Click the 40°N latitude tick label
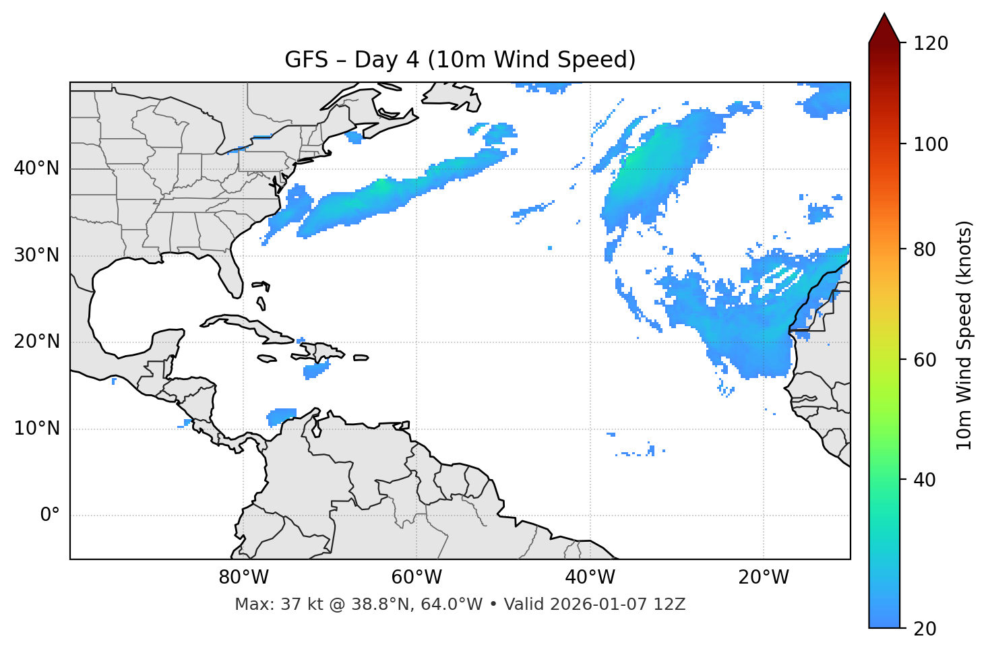[x=36, y=168]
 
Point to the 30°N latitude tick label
[x=36, y=255]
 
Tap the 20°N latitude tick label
[x=36, y=342]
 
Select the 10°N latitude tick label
[x=36, y=429]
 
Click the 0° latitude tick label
[x=50, y=516]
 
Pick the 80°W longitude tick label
[x=243, y=578]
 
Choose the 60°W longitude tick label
[x=416, y=578]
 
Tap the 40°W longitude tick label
[x=590, y=578]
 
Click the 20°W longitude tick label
[x=763, y=578]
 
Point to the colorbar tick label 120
[x=931, y=44]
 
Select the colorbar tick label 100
[x=931, y=144]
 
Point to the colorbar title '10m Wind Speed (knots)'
[x=964, y=335]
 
